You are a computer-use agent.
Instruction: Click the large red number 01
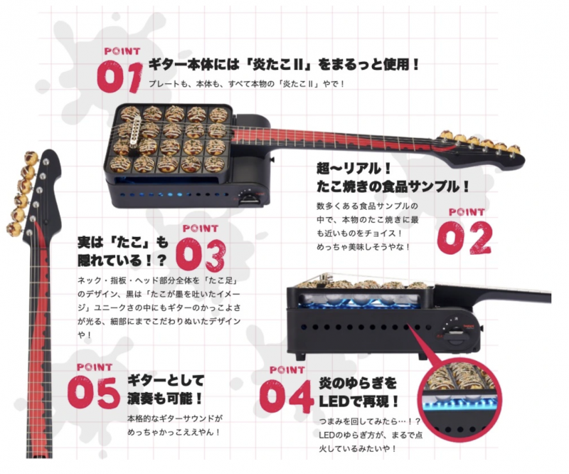tap(119, 76)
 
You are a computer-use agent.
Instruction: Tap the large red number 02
tap(464, 238)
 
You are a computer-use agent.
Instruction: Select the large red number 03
tap(201, 255)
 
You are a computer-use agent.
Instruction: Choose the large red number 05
tap(94, 393)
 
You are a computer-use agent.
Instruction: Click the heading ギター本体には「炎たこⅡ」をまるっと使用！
tap(284, 65)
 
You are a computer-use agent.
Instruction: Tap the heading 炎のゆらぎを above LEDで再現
tap(358, 383)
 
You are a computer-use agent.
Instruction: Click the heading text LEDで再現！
tap(358, 401)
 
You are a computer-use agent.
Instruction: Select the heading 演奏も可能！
tap(164, 399)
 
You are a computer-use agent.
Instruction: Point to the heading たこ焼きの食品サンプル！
tap(393, 186)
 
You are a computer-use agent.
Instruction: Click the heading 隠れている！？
tap(122, 260)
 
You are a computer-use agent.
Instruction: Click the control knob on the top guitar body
tap(248, 192)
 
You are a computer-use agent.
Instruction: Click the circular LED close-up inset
tap(459, 399)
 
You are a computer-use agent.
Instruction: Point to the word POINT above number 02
tap(467, 212)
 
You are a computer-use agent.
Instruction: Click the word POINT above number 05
tap(95, 367)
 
